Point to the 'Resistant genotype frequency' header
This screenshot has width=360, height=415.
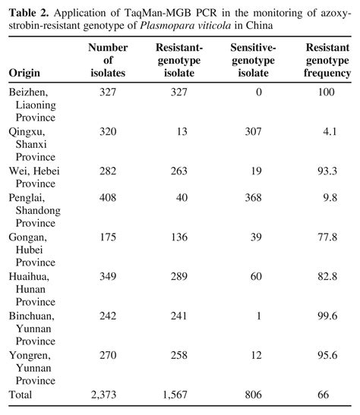327,61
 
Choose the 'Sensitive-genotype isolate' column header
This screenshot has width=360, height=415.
253,61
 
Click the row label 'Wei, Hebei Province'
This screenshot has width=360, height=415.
34,176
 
